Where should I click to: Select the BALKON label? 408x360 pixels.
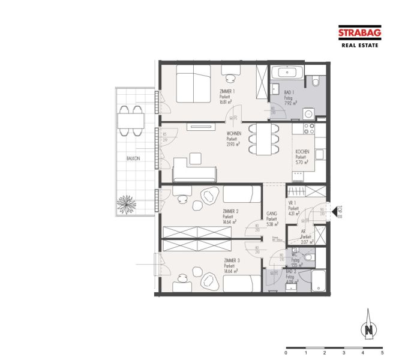[133, 158]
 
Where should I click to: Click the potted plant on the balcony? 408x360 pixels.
[128, 204]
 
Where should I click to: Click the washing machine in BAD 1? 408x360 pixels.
[310, 113]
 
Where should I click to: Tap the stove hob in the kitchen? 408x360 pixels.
[310, 128]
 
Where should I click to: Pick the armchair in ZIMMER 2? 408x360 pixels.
[210, 196]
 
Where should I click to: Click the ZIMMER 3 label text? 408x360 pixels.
[232, 260]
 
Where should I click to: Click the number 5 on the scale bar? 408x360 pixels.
[382, 353]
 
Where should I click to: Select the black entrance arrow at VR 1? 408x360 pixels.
[335, 209]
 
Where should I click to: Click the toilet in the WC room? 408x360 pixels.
[308, 257]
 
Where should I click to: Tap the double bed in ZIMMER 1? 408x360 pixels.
[193, 85]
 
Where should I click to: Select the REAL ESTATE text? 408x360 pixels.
[360, 45]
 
